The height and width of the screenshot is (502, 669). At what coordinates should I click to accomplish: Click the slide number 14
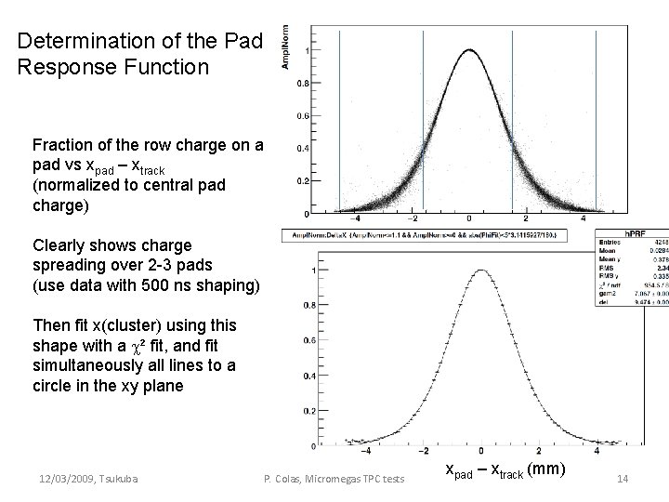point(623,479)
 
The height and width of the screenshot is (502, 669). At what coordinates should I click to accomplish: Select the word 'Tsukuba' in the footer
point(118,479)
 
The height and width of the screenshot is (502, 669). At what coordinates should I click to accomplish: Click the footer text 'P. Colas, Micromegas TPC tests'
point(334,479)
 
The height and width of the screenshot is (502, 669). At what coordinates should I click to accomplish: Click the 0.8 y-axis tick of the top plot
point(303,84)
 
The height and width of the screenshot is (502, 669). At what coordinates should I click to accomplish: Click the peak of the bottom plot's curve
point(481,271)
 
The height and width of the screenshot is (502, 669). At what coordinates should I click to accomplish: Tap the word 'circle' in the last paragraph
point(55,386)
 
